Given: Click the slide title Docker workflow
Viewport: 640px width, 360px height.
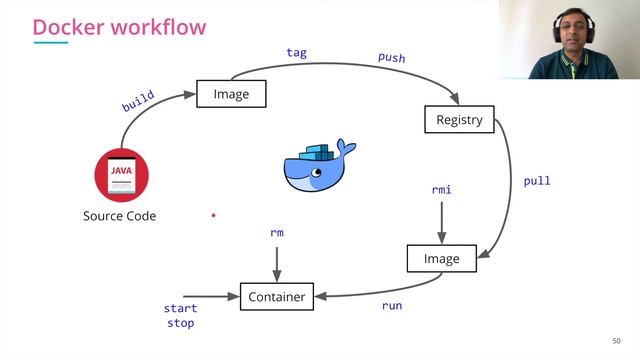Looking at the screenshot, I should [x=119, y=27].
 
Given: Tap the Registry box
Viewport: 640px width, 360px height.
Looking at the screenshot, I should [x=459, y=120].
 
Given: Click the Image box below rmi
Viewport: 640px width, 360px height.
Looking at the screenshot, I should [x=441, y=258].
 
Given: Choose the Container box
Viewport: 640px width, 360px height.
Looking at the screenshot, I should [x=277, y=296].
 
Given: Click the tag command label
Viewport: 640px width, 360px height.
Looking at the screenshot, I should [x=297, y=51].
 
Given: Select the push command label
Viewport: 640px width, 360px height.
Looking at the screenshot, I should [x=391, y=57].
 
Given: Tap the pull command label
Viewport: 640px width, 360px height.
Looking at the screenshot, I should [x=536, y=181].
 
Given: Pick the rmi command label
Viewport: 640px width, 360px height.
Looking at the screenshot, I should [x=441, y=189].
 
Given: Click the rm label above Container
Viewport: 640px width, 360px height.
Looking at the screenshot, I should [x=277, y=232].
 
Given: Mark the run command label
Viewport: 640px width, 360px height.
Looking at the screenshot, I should [x=392, y=305].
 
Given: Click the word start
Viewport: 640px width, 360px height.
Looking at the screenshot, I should [x=180, y=309].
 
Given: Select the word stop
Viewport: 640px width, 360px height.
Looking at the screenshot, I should [x=180, y=323].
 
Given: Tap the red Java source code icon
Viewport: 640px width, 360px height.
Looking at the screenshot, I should [x=121, y=175].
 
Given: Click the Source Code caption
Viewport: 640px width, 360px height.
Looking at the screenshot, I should [x=119, y=216].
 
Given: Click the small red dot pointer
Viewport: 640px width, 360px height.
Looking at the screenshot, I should [x=213, y=214].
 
